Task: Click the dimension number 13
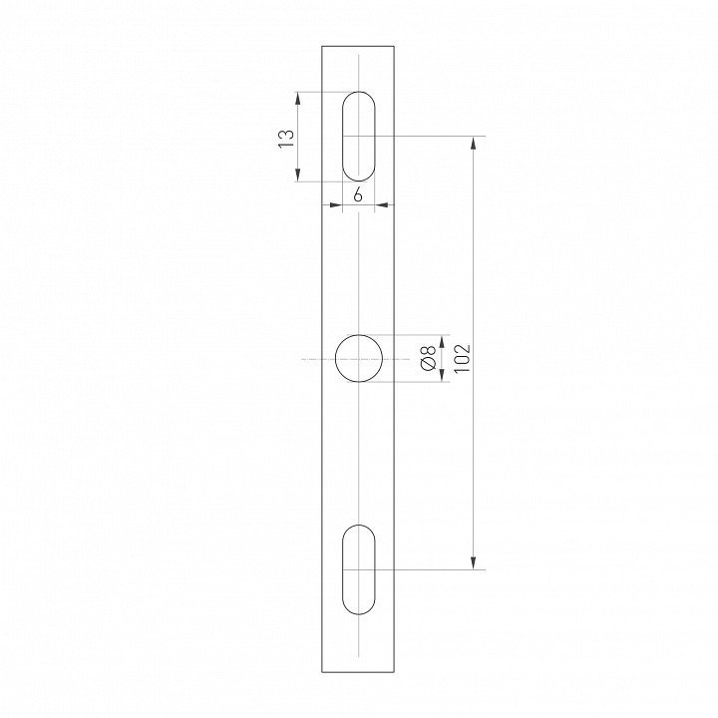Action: [286, 139]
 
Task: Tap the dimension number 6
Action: [358, 195]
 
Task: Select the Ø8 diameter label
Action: [428, 358]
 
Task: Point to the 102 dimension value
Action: [462, 358]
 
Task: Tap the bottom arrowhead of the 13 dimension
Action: [297, 175]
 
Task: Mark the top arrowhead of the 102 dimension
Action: [474, 143]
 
